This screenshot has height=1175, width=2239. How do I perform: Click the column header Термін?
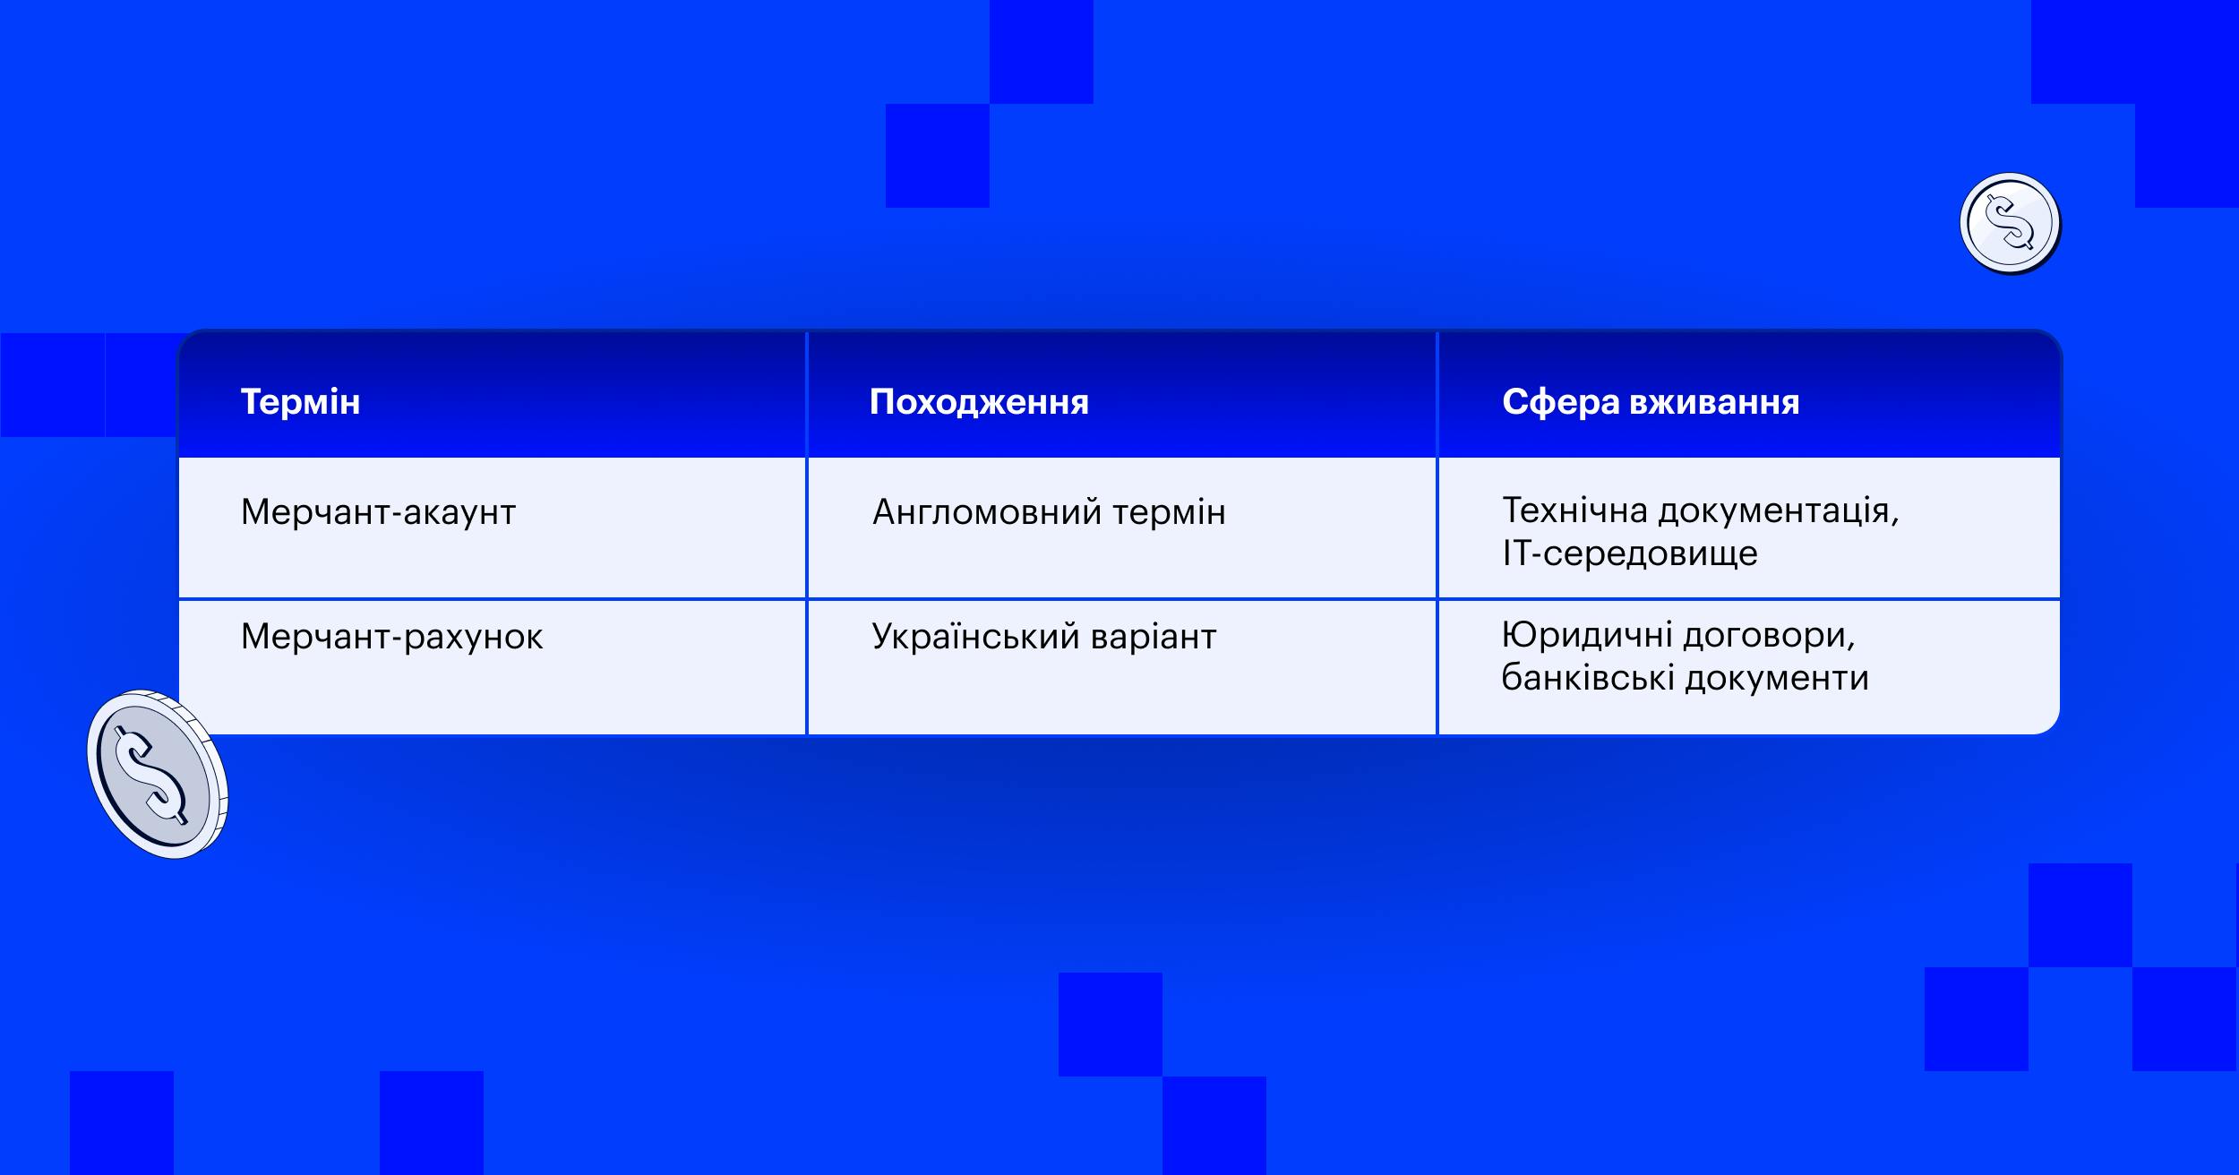(x=300, y=402)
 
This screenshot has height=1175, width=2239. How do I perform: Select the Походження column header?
(x=979, y=403)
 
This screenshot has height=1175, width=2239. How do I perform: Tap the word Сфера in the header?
(x=1560, y=403)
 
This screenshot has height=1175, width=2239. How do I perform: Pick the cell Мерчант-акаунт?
(x=378, y=512)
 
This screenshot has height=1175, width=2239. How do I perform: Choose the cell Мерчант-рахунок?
(x=392, y=637)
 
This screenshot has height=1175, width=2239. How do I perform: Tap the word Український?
(x=976, y=636)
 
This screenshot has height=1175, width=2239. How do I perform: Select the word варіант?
(x=1154, y=637)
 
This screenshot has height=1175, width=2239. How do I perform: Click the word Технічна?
(x=1575, y=510)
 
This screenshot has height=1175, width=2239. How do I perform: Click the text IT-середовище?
(x=1630, y=553)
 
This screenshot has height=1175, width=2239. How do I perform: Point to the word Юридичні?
(x=1586, y=636)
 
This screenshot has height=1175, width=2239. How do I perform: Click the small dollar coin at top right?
(x=2010, y=223)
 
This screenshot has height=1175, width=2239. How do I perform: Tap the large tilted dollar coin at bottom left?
(x=158, y=775)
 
